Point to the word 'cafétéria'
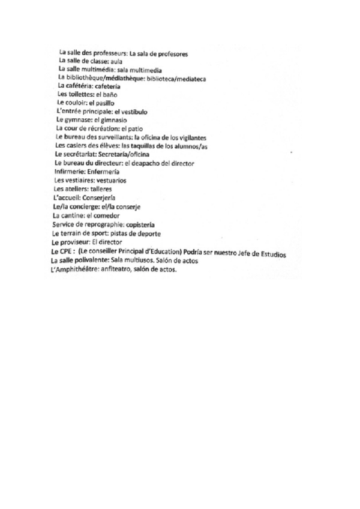(x=80, y=87)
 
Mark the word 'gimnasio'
(x=113, y=121)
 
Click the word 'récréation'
(x=100, y=129)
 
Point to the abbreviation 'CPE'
(x=58, y=250)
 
